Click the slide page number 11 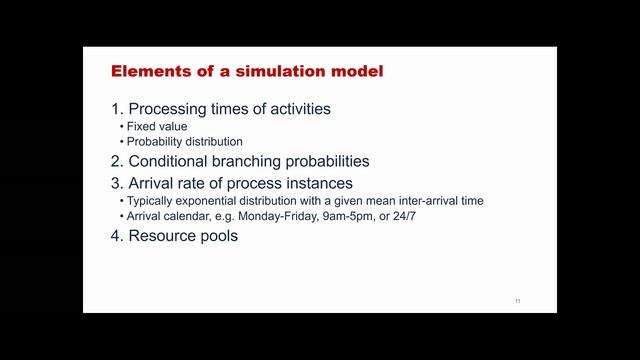(x=517, y=301)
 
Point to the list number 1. (x=116, y=109)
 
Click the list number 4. (x=116, y=237)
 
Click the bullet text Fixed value (x=156, y=127)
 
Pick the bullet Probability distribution (x=184, y=142)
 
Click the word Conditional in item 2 (x=171, y=161)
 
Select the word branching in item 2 (x=252, y=161)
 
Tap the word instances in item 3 (x=320, y=183)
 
